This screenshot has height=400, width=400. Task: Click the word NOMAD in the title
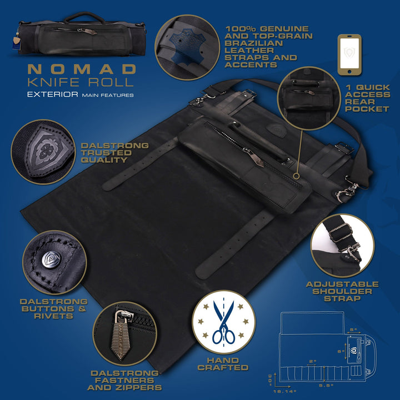coord(82,69)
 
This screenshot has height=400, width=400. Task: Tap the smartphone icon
coord(349,55)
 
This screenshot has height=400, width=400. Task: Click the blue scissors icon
coord(224,322)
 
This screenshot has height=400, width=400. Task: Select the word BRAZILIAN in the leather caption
coord(253,43)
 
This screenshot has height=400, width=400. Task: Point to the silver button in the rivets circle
coord(52,259)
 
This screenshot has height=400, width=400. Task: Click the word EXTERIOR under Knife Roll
coord(53,94)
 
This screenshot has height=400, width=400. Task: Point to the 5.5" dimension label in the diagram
coord(326,386)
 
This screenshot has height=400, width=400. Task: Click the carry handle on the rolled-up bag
coord(84,17)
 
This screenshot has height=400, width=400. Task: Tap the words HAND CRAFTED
coord(223,364)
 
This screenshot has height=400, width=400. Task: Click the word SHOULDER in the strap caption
coord(342,291)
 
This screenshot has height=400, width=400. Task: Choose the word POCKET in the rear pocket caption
coord(367,109)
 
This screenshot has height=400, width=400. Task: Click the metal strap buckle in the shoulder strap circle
coord(340,232)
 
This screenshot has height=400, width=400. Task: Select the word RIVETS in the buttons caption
coord(53,316)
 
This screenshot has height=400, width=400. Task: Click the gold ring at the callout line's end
coord(296,176)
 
